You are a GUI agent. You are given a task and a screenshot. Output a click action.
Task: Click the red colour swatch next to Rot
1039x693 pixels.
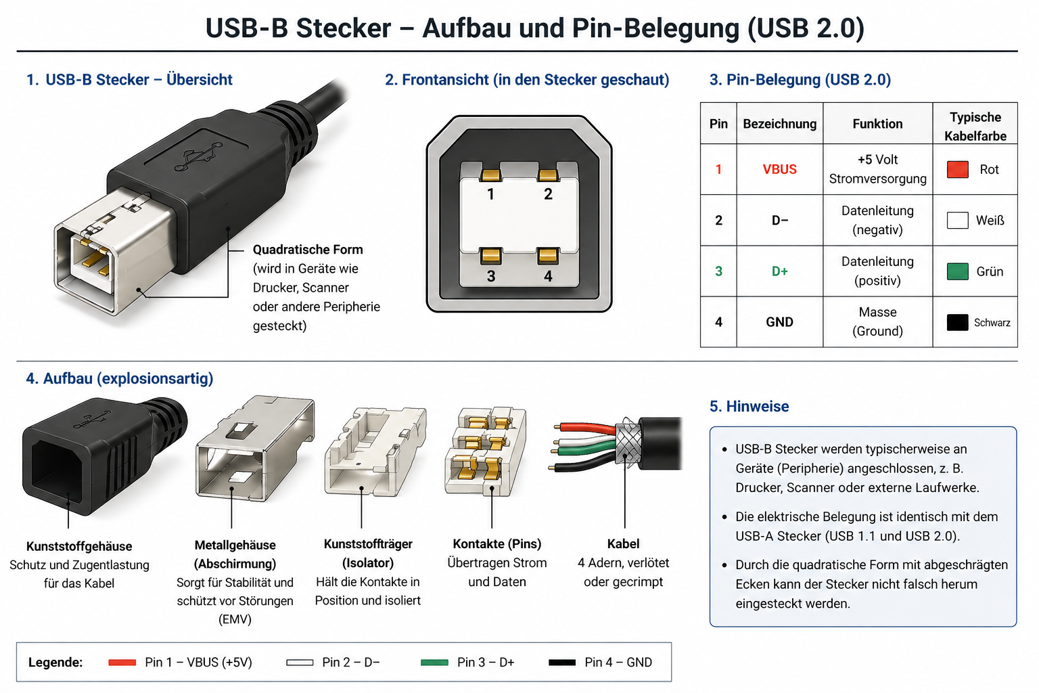pyautogui.click(x=957, y=169)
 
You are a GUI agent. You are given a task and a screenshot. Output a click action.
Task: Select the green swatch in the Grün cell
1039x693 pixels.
pyautogui.click(x=957, y=271)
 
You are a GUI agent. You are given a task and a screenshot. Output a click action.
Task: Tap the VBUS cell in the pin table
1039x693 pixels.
pyautogui.click(x=779, y=169)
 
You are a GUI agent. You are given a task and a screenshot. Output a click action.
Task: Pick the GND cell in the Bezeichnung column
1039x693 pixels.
pyautogui.click(x=779, y=322)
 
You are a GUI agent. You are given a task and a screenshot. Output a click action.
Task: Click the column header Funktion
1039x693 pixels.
pyautogui.click(x=877, y=124)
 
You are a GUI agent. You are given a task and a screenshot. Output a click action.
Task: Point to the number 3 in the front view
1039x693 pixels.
pyautogui.click(x=491, y=276)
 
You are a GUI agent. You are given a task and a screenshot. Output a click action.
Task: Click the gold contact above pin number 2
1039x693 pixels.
pyautogui.click(x=548, y=175)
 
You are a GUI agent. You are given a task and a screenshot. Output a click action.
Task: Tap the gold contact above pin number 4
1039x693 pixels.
pyautogui.click(x=547, y=255)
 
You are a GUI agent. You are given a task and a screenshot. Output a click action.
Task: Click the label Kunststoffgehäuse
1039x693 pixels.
pyautogui.click(x=79, y=546)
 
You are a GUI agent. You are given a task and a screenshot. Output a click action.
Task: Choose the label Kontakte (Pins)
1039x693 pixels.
pyautogui.click(x=497, y=543)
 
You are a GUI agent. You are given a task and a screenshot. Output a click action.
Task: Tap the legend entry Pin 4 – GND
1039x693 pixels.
pyautogui.click(x=618, y=663)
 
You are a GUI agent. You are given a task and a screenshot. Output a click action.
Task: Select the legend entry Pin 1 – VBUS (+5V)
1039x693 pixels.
pyautogui.click(x=198, y=663)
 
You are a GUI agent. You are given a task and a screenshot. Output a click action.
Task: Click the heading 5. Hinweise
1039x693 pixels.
pyautogui.click(x=749, y=406)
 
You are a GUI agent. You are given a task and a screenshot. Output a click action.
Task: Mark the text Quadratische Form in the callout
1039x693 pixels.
pyautogui.click(x=308, y=250)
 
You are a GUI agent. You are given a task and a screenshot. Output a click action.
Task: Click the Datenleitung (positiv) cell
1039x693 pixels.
pyautogui.click(x=877, y=271)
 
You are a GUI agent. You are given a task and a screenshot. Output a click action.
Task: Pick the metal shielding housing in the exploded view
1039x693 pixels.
pyautogui.click(x=254, y=447)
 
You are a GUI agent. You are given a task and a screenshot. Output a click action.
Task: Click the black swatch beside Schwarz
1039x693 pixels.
pyautogui.click(x=957, y=322)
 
